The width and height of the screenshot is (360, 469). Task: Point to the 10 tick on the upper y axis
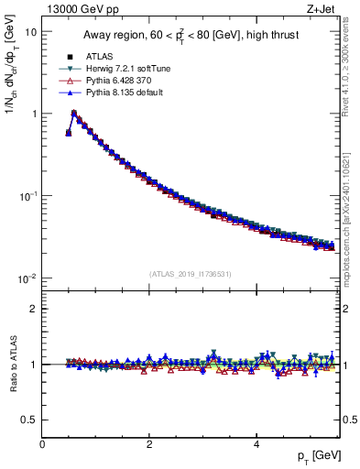point(30,31)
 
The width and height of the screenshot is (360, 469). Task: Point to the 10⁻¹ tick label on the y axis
point(27,196)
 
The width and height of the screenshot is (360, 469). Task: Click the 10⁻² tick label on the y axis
point(27,278)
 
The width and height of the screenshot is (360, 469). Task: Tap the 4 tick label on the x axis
point(256,443)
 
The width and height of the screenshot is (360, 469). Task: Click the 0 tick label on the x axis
point(42,443)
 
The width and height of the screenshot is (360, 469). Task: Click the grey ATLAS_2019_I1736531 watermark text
point(191,274)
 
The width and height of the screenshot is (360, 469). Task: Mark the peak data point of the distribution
point(74,114)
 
